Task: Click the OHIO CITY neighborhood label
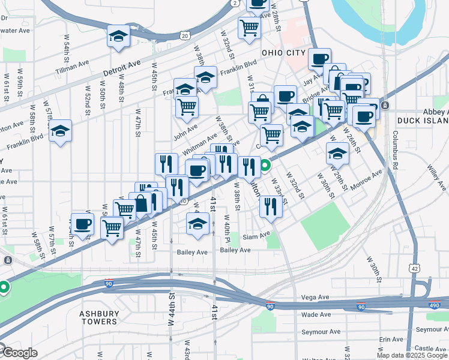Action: pos(283,53)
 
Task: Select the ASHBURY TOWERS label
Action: pos(99,317)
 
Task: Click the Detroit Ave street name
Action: pos(121,67)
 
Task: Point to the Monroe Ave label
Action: pos(367,180)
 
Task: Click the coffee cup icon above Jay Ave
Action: pos(319,58)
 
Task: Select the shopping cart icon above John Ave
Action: pos(187,106)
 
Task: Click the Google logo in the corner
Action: pos(19,353)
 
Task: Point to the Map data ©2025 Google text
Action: pos(412,355)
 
